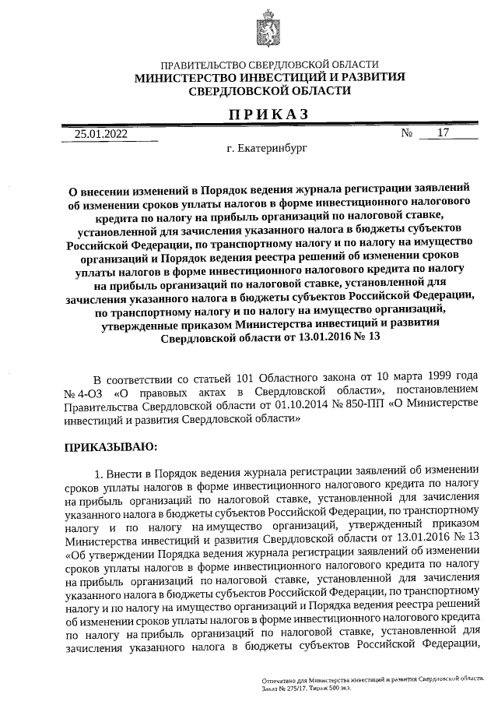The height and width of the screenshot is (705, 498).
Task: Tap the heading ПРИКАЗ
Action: pos(268,114)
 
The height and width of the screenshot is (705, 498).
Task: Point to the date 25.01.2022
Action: pos(100,133)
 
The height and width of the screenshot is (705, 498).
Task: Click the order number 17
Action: pos(444,132)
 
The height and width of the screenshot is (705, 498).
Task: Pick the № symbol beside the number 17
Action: pos(406,133)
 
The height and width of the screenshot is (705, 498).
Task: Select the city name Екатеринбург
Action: pos(275,148)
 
